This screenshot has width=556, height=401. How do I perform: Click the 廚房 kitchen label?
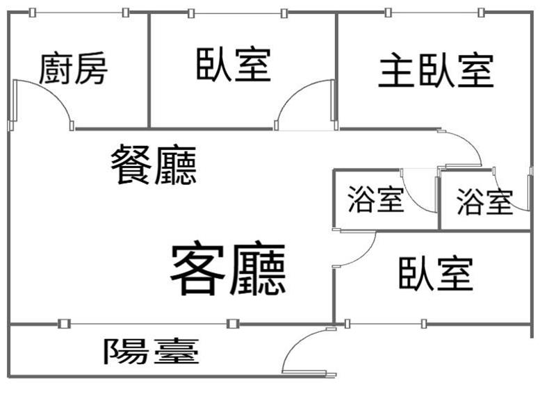coord(73,68)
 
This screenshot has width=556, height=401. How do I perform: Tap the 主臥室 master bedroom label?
coord(436,71)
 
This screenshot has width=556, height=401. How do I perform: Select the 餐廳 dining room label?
coord(154,164)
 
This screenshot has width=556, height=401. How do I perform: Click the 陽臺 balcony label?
coord(151,351)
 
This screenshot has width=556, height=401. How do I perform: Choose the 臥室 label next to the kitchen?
coord(234,64)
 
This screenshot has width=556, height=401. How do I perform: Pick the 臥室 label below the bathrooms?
coord(436,274)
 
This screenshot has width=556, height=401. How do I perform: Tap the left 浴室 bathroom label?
coord(376,199)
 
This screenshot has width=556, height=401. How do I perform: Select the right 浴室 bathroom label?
coord(484,202)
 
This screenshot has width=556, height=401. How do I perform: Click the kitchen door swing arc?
coord(54,92)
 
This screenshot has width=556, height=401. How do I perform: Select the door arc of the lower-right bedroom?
coord(366,255)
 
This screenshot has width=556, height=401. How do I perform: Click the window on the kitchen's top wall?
coord(79,13)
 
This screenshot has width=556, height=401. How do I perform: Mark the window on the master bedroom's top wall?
coord(434,13)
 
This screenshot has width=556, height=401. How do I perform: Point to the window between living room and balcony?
coord(149,323)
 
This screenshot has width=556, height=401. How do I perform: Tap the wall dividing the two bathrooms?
coord(439,199)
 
